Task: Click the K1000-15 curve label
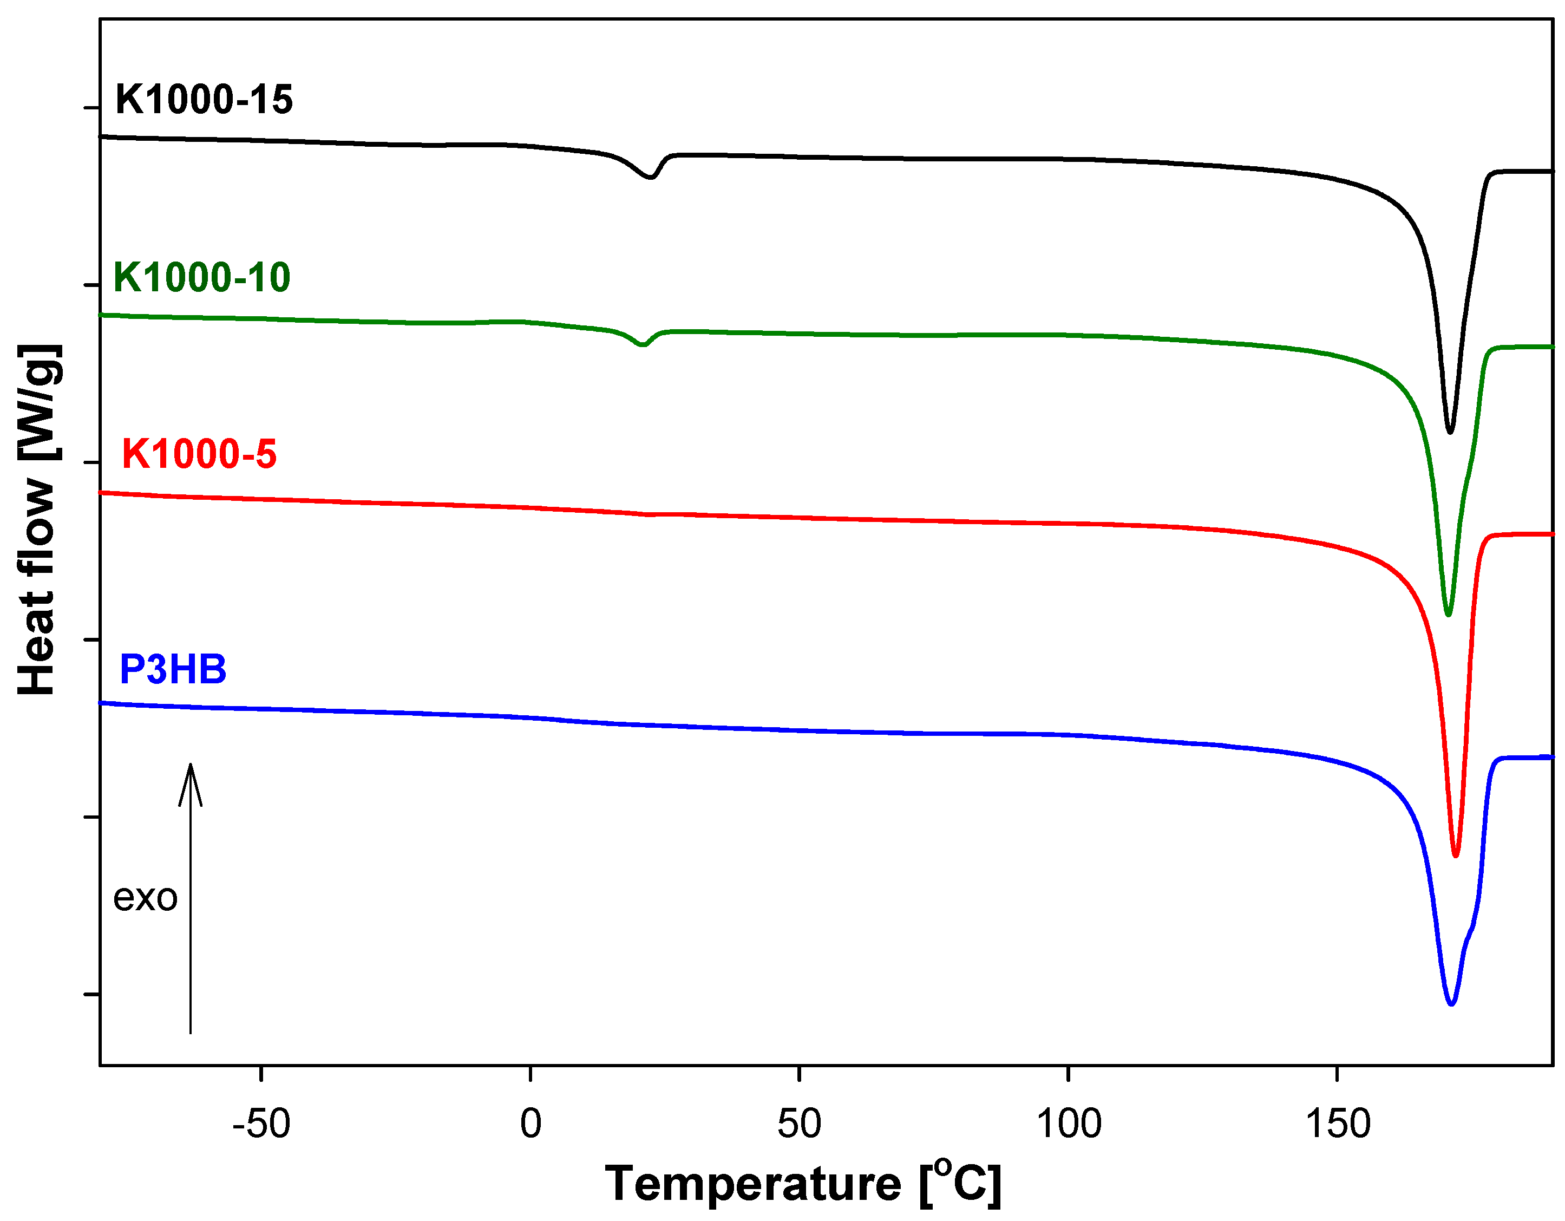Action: [204, 100]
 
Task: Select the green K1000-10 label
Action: [202, 277]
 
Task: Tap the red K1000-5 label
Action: [199, 454]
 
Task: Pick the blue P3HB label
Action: [173, 669]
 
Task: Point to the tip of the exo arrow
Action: [191, 765]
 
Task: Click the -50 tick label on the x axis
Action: [261, 1124]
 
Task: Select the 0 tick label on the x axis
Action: [531, 1124]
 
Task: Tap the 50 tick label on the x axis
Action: [799, 1124]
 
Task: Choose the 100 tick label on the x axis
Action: [1069, 1124]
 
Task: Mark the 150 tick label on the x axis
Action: [1337, 1124]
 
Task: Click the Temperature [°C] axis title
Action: [803, 1183]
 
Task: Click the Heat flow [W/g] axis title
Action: [37, 519]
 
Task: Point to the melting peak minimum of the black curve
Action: [1450, 432]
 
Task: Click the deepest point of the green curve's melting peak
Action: [1448, 615]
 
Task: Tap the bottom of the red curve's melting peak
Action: [1455, 856]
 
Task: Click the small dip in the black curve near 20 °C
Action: [651, 177]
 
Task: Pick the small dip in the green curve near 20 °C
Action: [643, 345]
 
